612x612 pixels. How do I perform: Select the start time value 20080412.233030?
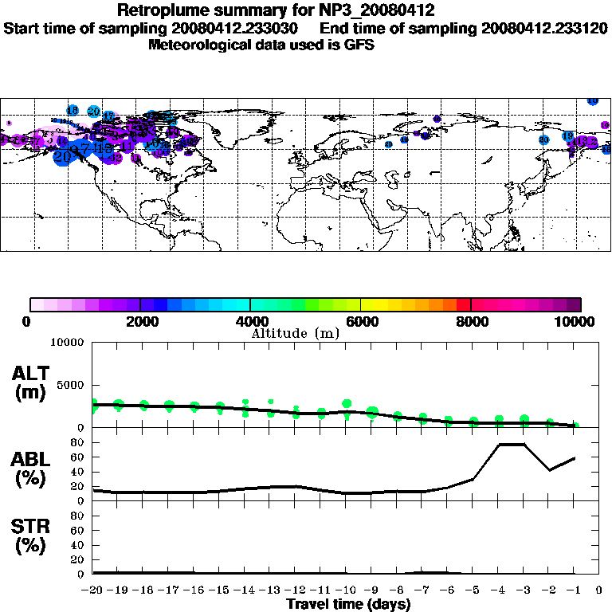pos(244,28)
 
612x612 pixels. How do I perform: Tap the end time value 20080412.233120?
pos(545,28)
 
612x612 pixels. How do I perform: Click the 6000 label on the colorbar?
pos(360,321)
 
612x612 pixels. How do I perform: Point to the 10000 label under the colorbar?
pos(576,321)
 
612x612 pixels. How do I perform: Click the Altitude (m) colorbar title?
pos(295,333)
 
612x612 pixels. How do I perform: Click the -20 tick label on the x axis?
pos(92,590)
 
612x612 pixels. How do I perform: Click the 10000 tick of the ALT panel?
pos(67,343)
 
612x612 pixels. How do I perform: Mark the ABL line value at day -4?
pos(499,444)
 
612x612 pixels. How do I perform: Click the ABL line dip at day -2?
pos(550,470)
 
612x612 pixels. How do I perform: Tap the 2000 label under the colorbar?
pos(139,321)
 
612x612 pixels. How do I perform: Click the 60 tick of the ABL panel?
pos(79,457)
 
